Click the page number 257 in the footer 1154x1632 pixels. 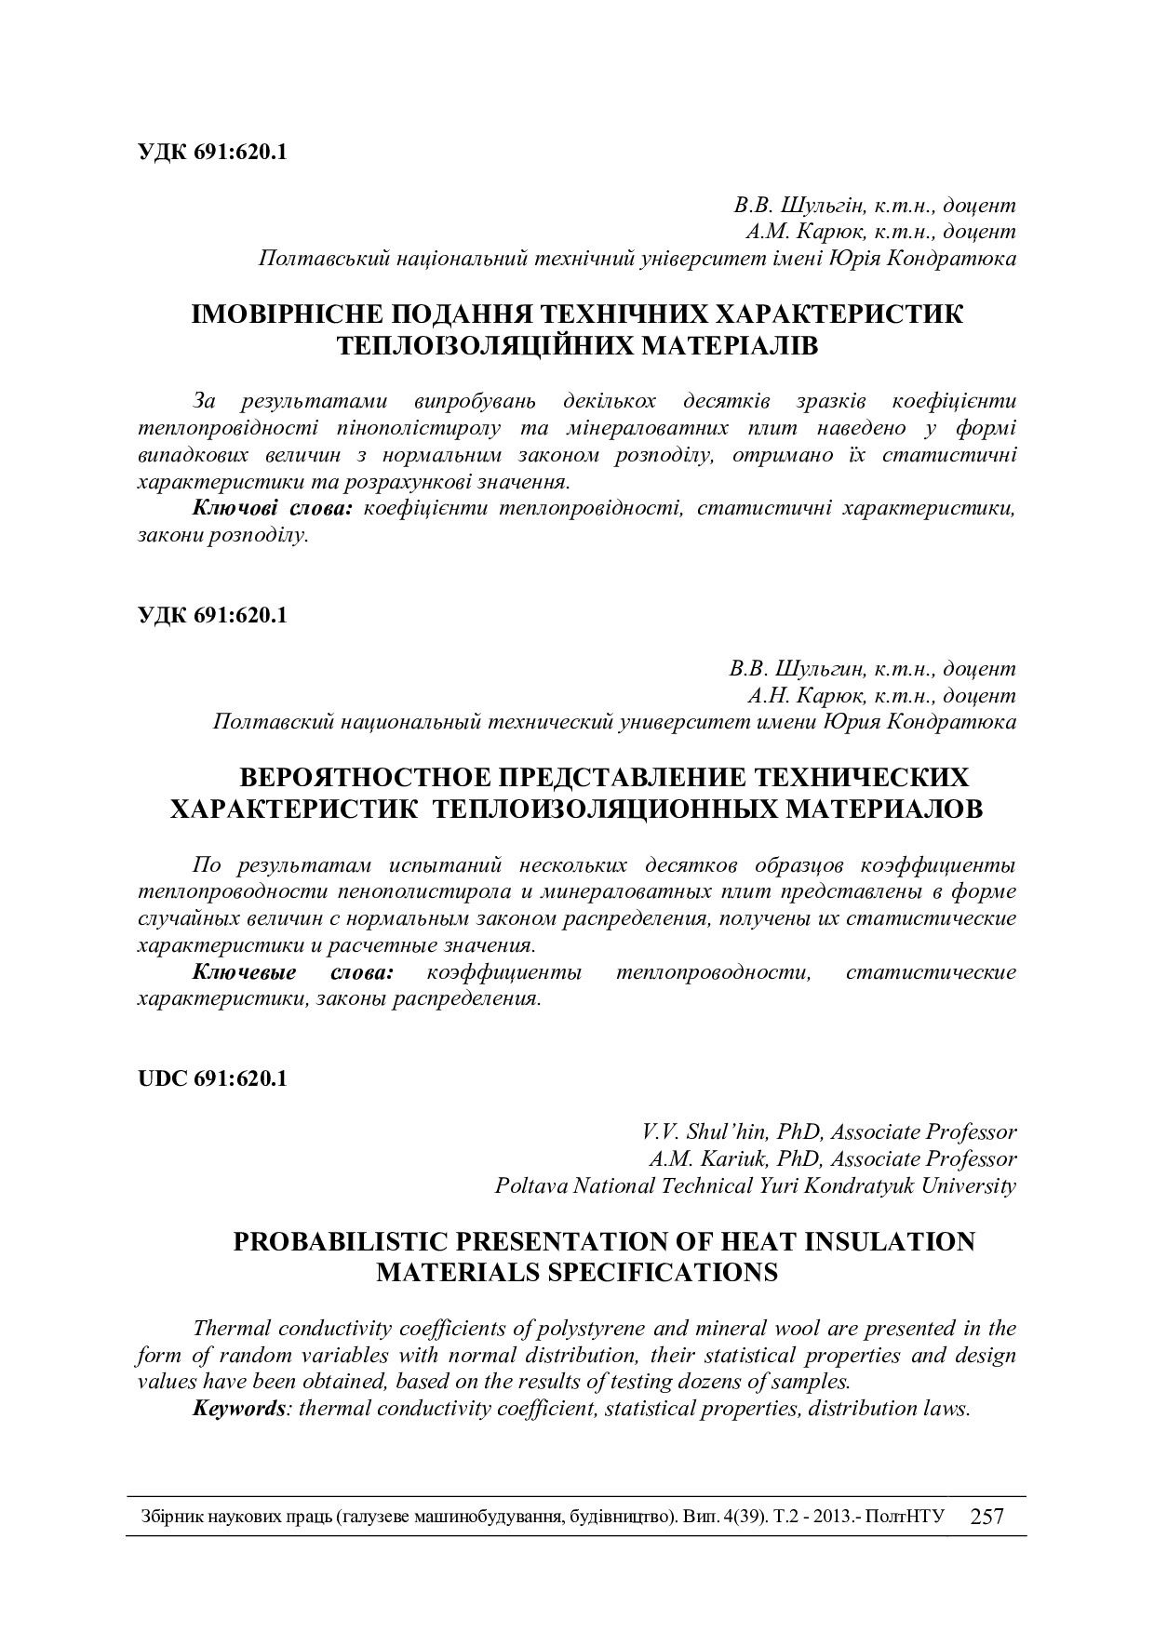(x=986, y=1518)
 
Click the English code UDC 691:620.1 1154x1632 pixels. (x=212, y=1078)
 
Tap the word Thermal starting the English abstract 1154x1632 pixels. (x=231, y=1328)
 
